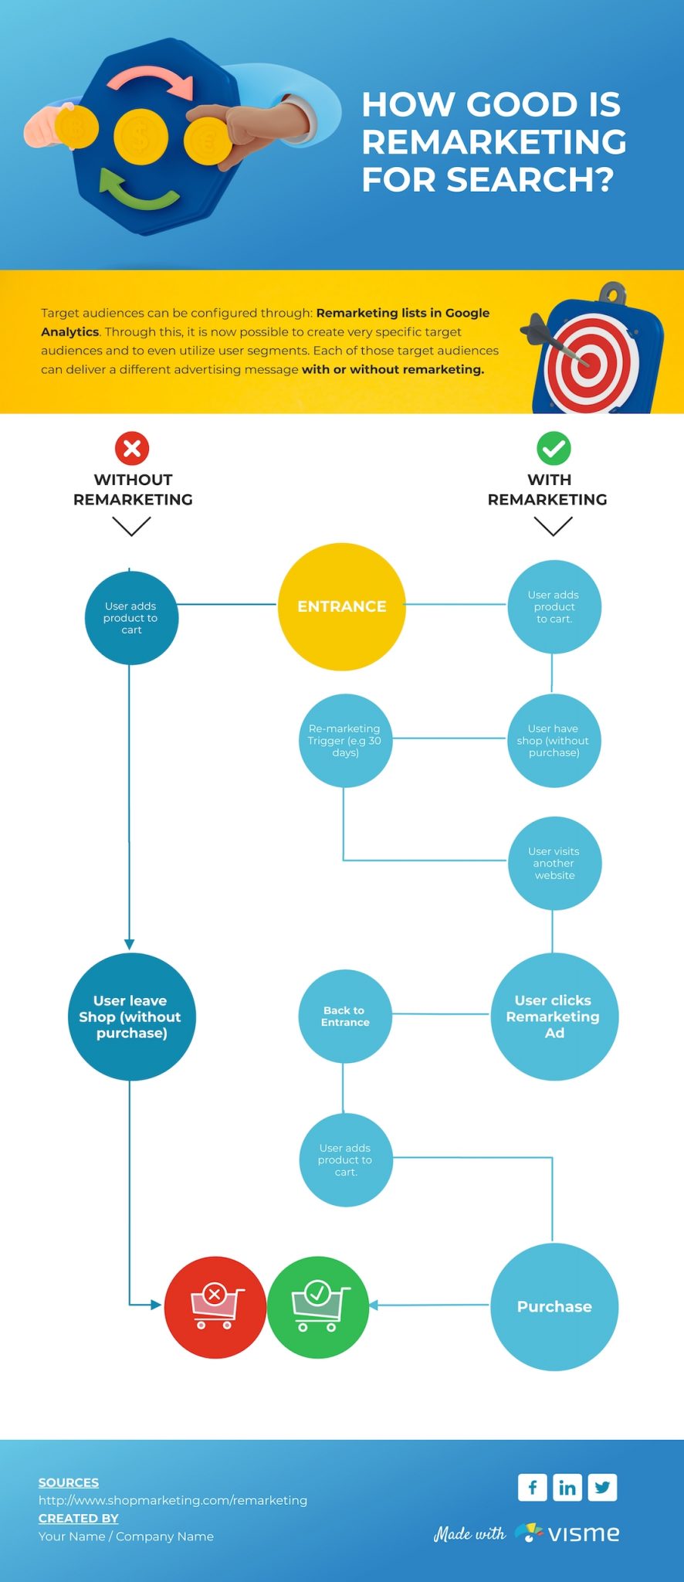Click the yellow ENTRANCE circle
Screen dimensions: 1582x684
(341, 606)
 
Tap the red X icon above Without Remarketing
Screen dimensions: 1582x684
(132, 448)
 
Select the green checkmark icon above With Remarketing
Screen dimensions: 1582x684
(554, 448)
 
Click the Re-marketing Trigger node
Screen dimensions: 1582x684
(345, 740)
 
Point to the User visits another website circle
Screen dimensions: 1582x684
(554, 863)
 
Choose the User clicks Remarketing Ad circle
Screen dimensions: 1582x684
(554, 1017)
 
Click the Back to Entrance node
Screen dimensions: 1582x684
(345, 1016)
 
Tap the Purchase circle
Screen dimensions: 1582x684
(554, 1306)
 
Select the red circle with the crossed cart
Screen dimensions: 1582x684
(215, 1307)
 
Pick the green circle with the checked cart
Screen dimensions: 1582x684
(317, 1307)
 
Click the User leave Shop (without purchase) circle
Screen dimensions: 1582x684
(130, 1017)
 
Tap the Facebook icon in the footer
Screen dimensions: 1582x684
(533, 1487)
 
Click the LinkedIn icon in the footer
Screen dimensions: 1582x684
(567, 1487)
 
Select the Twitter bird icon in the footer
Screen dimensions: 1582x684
(602, 1487)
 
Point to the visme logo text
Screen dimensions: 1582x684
(584, 1533)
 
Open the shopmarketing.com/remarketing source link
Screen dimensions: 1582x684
(173, 1500)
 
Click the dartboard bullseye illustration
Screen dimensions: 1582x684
(589, 359)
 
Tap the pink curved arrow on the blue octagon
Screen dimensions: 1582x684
(151, 81)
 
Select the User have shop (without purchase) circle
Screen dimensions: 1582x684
(554, 740)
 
